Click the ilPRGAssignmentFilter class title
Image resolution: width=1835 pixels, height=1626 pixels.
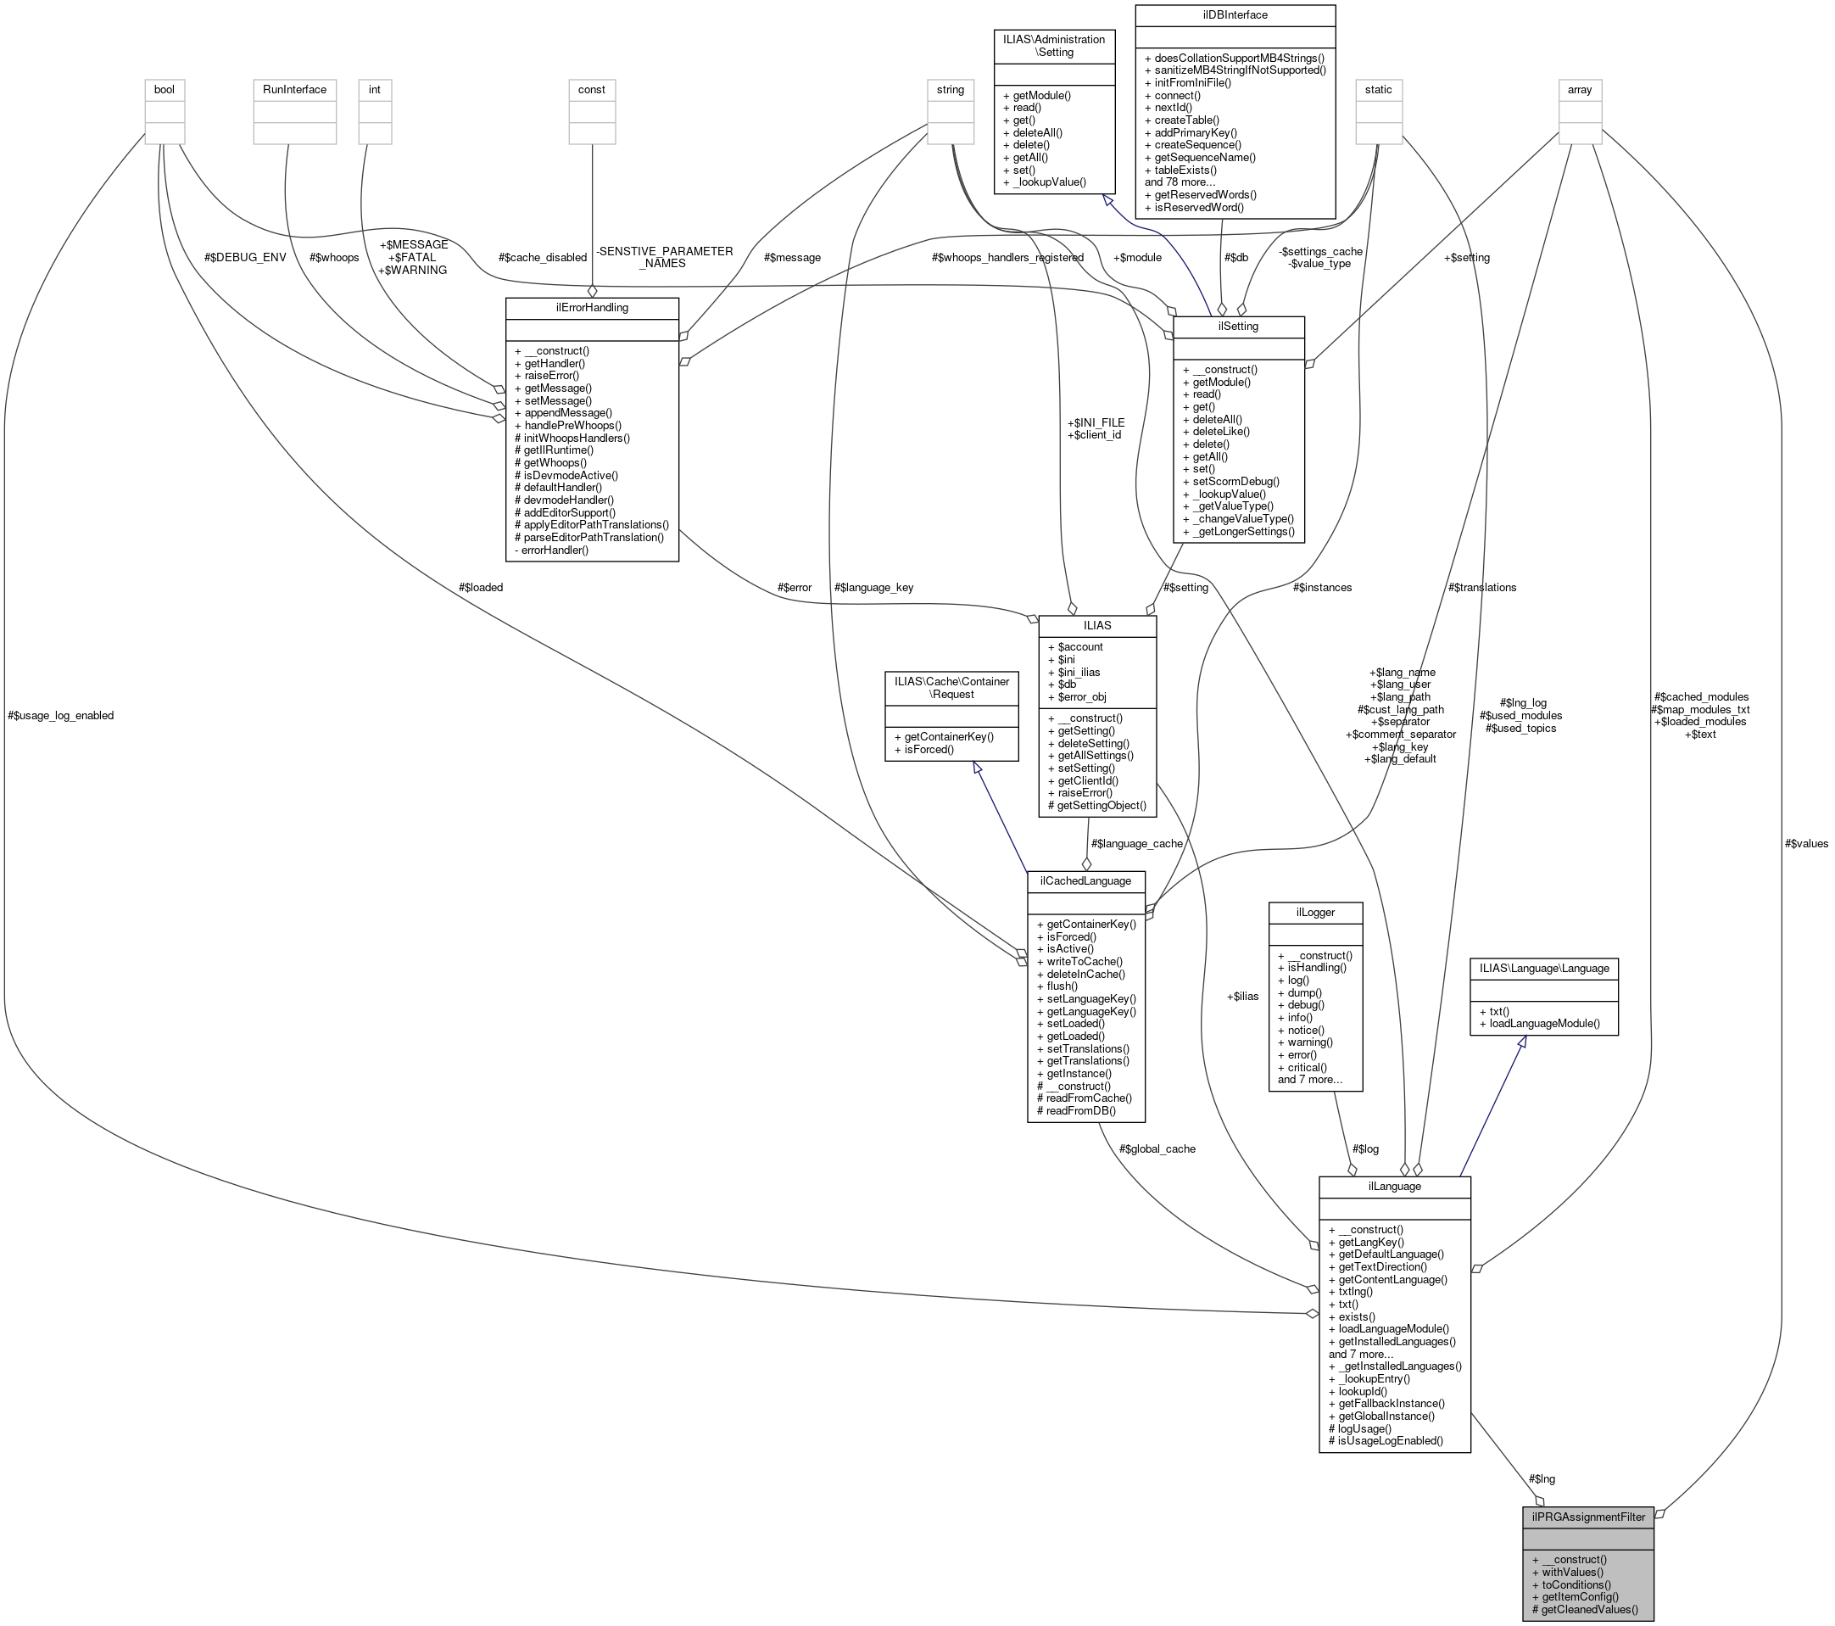[x=1587, y=1517]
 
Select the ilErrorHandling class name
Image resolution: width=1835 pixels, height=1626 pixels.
[x=592, y=307]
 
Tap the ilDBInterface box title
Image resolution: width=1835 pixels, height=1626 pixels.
[x=1235, y=15]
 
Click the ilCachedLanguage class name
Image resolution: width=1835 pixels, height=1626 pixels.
[x=1085, y=880]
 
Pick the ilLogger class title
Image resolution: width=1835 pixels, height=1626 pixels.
[x=1315, y=912]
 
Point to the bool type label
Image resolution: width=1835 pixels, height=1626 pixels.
[x=165, y=90]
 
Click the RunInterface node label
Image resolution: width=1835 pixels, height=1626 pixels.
[x=294, y=90]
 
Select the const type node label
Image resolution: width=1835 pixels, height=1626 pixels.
[x=592, y=90]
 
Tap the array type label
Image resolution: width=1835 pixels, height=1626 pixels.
[x=1579, y=90]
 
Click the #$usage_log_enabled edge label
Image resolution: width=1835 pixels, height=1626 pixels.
[x=60, y=716]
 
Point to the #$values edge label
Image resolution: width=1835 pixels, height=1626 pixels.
[x=1806, y=843]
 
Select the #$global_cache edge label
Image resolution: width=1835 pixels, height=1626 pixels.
[x=1157, y=1148]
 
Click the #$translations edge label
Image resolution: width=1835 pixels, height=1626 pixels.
[x=1481, y=587]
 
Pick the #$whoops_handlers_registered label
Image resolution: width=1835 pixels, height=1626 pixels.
[x=1007, y=258]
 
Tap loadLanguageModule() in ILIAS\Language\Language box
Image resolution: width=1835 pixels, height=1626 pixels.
[x=1544, y=1023]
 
